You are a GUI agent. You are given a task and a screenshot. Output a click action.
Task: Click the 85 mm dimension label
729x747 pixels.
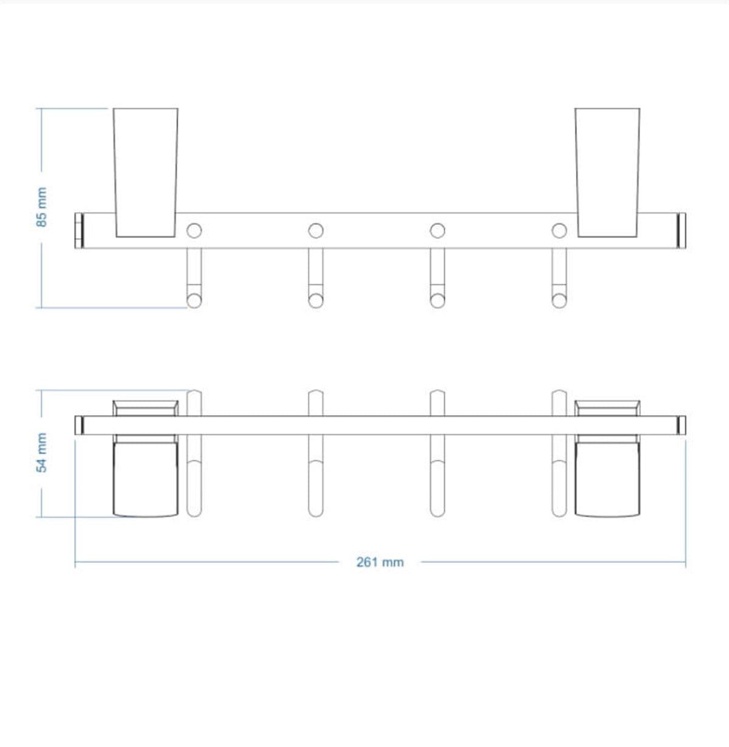click(x=41, y=207)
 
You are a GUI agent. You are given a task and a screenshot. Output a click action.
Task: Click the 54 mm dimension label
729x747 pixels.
click(x=41, y=453)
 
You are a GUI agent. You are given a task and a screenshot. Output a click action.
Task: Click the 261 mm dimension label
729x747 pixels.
click(x=380, y=562)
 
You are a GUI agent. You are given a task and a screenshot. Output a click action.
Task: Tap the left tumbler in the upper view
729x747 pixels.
click(x=145, y=173)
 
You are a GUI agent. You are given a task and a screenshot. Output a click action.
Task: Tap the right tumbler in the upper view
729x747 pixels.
click(x=607, y=173)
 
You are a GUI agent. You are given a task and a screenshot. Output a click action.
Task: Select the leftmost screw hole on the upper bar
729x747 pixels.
click(x=194, y=231)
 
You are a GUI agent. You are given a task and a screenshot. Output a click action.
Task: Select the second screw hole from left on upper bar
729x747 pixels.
click(x=316, y=231)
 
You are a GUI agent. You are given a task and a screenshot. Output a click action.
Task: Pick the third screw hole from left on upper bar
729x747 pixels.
click(x=437, y=231)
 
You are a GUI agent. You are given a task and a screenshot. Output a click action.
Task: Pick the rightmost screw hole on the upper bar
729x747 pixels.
click(x=559, y=231)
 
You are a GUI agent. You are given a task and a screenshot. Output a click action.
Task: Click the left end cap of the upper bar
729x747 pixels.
click(x=79, y=230)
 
